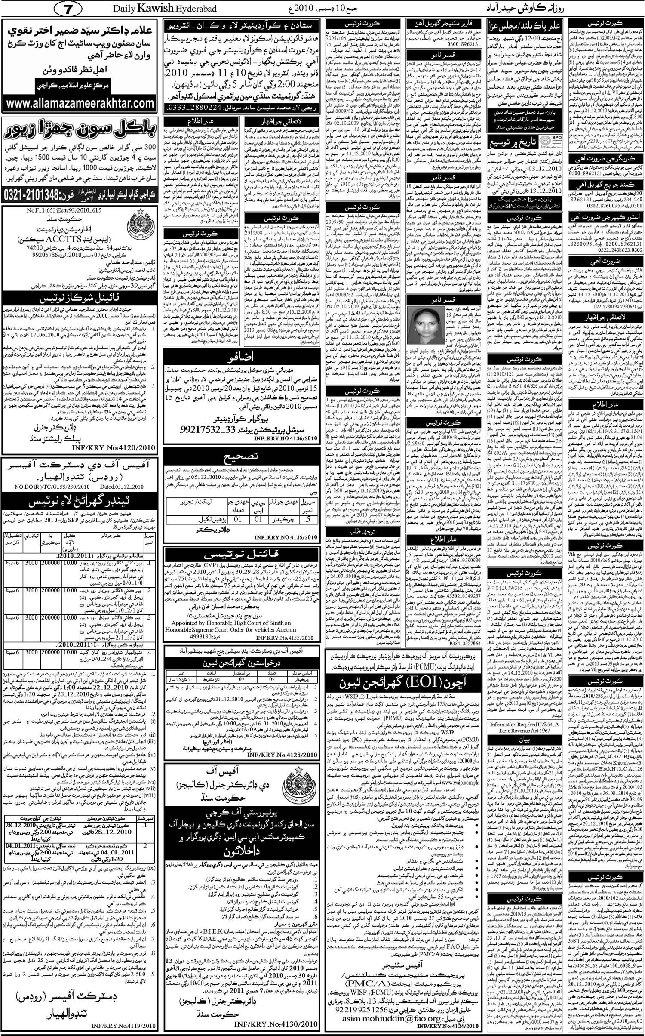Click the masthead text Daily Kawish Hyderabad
(165, 9)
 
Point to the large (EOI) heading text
(379, 681)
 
